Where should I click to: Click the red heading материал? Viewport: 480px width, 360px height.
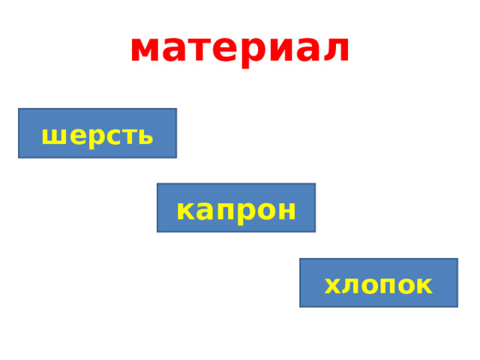pyautogui.click(x=239, y=48)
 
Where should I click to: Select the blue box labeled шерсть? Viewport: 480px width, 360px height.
pyautogui.click(x=97, y=133)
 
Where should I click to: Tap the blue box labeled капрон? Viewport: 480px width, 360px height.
pyautogui.click(x=235, y=208)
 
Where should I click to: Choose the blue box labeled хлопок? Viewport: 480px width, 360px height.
pyautogui.click(x=378, y=283)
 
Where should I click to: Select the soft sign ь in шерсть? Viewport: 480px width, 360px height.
pyautogui.click(x=145, y=136)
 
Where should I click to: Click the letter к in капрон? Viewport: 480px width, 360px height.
pyautogui.click(x=184, y=211)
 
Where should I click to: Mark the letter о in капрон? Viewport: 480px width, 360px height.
pyautogui.click(x=265, y=211)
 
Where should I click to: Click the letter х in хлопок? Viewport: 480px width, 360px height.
pyautogui.click(x=331, y=286)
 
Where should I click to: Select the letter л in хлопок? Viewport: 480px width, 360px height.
pyautogui.click(x=349, y=286)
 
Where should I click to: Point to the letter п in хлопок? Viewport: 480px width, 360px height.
pyautogui.click(x=389, y=286)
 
